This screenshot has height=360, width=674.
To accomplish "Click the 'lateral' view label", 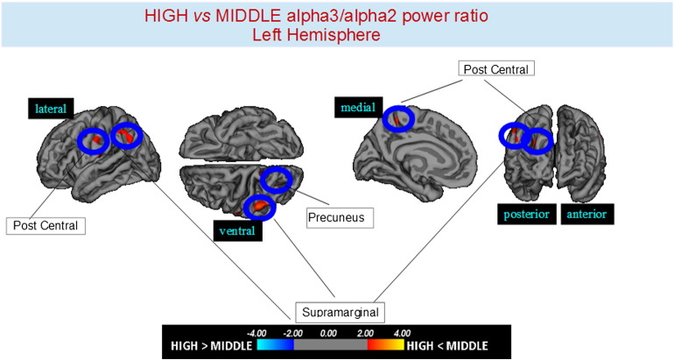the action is pos(50,109).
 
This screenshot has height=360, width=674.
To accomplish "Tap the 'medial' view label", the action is pos(355,108).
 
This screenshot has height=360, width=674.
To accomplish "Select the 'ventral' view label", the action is pos(237,231).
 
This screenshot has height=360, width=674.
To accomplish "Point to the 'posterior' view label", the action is pos(528,213).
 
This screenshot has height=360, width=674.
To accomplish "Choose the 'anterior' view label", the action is pos(585,213).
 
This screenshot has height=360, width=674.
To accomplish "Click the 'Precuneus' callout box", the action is pos(340,215).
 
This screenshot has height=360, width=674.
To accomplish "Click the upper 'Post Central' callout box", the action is pos(496,68).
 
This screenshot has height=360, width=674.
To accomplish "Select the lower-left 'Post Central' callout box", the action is pos(45,225).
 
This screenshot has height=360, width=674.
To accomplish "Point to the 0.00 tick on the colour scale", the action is pos(328,333).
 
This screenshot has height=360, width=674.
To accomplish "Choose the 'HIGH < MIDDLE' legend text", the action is pos(452,344).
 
